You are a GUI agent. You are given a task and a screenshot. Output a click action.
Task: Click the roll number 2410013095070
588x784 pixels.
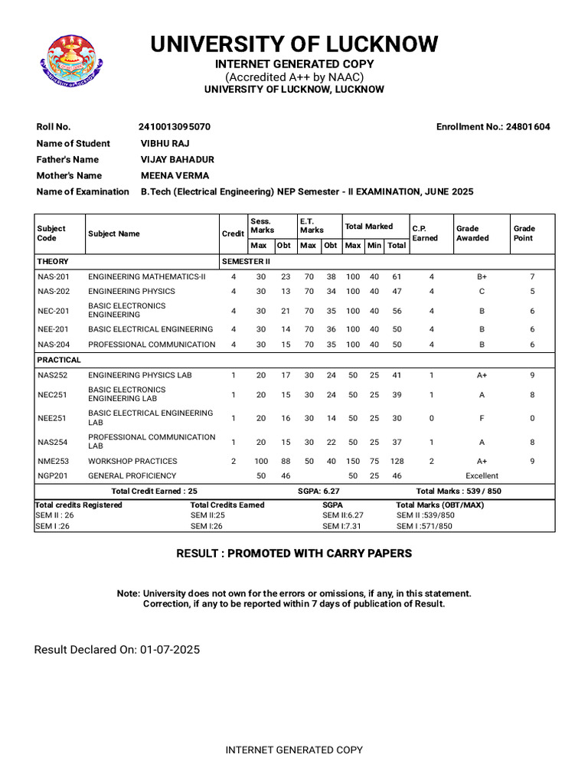[175, 127]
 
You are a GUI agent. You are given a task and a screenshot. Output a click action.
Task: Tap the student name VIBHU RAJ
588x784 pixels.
[165, 143]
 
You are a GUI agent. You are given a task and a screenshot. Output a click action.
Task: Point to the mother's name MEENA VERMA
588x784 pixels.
[175, 175]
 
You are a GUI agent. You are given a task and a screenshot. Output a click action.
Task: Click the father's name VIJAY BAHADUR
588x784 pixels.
[177, 159]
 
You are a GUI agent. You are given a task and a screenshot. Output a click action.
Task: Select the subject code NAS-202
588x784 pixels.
[54, 292]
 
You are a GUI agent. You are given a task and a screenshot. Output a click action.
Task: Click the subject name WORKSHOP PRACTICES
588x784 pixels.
[132, 462]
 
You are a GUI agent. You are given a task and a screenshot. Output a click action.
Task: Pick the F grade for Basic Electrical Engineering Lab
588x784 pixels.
[482, 419]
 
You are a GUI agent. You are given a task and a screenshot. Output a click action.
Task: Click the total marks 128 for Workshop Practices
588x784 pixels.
[397, 462]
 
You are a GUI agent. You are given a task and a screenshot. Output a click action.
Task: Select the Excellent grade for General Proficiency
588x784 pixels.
[482, 476]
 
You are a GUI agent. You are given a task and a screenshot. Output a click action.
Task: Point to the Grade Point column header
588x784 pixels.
[524, 234]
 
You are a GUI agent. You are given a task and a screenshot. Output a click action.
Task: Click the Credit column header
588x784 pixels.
[234, 234]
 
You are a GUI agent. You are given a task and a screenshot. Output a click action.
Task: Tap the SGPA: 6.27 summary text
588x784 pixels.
[318, 491]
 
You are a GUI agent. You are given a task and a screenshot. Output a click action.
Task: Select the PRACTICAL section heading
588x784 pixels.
[59, 360]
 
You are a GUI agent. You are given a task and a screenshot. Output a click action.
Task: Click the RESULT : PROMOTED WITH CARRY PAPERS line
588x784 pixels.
[294, 554]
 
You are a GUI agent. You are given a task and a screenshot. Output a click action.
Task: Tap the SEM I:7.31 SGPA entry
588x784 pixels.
[342, 527]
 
